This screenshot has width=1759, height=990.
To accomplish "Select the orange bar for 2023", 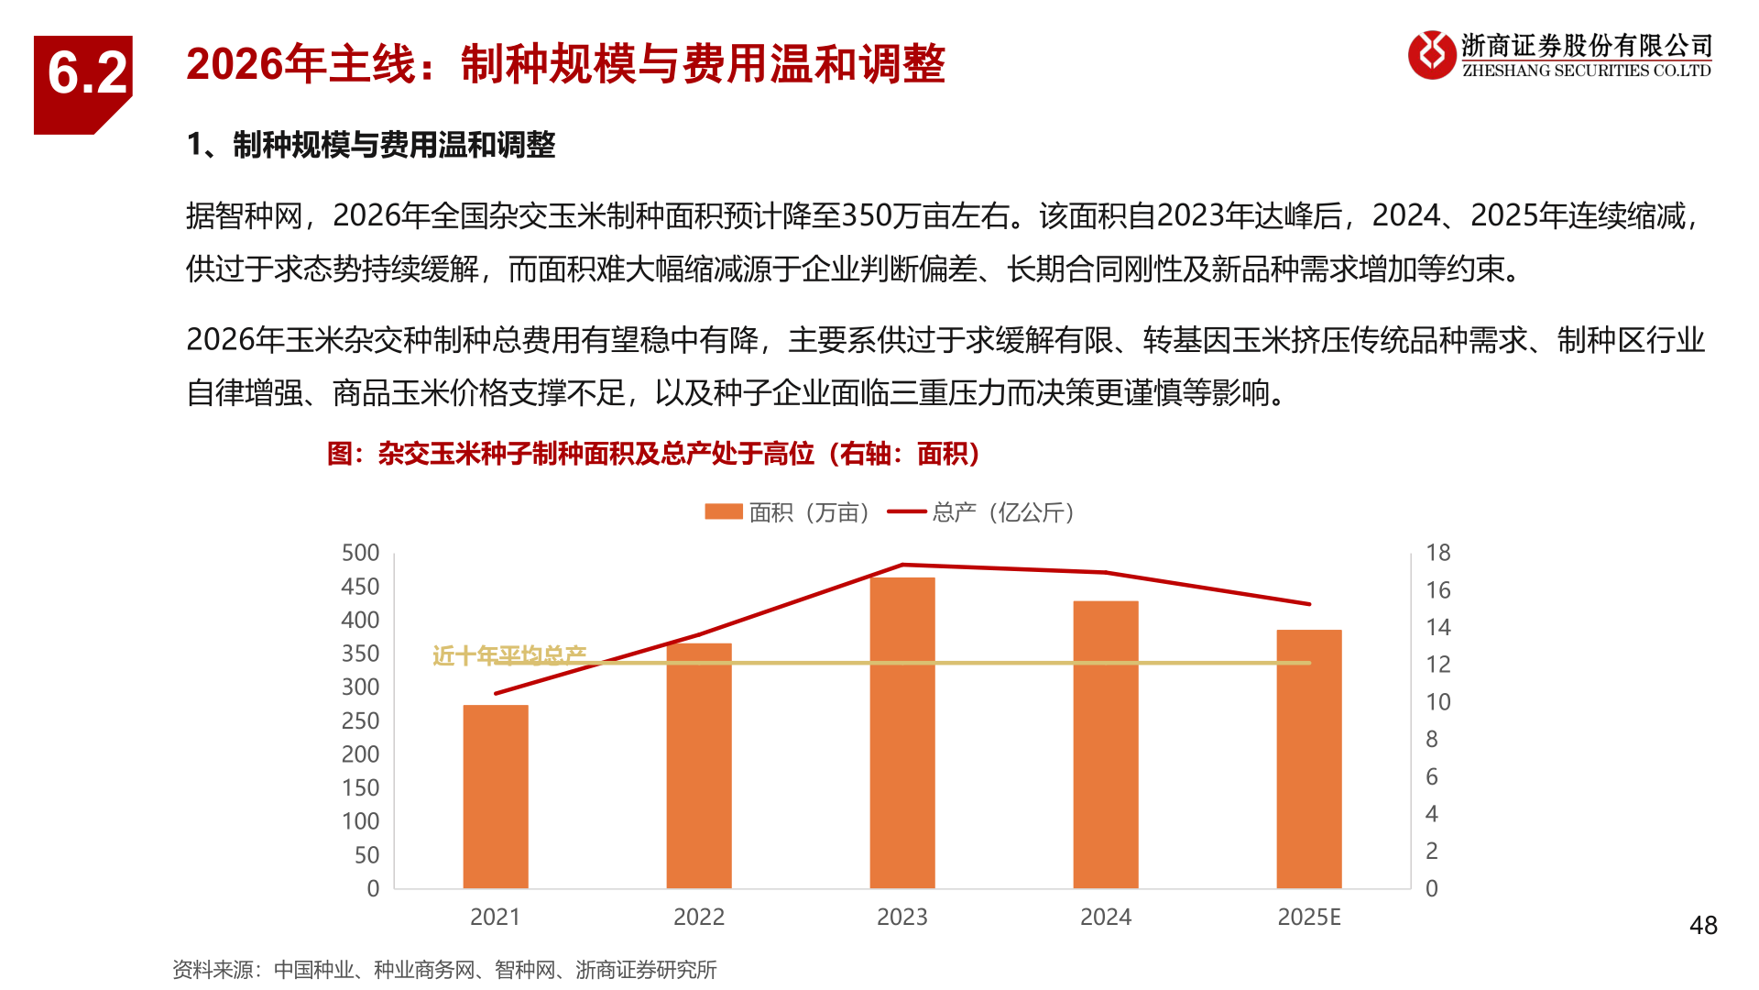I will click(x=902, y=732).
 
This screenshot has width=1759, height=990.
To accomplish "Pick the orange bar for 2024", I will click(x=1106, y=744).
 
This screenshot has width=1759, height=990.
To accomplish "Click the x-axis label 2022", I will click(x=699, y=917).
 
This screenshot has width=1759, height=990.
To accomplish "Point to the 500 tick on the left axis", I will click(x=360, y=553).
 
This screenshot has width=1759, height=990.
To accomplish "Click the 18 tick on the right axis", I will click(x=1437, y=553).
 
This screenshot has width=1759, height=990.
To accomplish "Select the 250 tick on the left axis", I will click(x=360, y=720).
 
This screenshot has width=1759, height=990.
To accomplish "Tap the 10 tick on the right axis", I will click(x=1437, y=702).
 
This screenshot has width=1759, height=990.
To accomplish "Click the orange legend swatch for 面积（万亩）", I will click(x=723, y=511).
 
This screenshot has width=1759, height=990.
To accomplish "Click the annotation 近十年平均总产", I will click(x=509, y=654).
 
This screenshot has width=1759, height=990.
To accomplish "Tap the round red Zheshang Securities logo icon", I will click(x=1432, y=55).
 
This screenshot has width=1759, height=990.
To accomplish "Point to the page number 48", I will click(x=1703, y=926).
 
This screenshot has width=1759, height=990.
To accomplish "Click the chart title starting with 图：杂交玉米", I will click(x=653, y=454).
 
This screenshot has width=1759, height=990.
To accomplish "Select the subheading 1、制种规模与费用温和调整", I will click(x=371, y=145).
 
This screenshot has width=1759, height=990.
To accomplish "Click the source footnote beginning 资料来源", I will click(x=444, y=970).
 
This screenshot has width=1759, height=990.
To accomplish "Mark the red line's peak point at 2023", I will click(x=902, y=565).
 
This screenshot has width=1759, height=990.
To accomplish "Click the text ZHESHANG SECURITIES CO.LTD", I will click(x=1586, y=71).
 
